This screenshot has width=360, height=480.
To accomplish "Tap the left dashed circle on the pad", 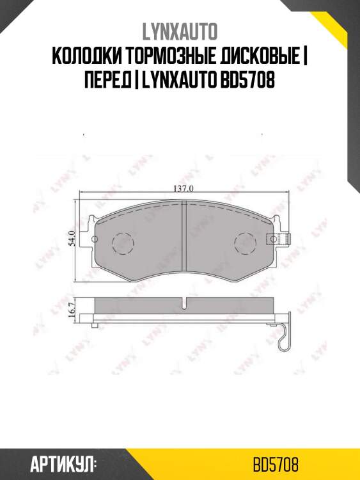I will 122,243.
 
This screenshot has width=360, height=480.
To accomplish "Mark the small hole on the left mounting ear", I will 95,240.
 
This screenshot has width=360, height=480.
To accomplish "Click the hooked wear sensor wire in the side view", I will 284,336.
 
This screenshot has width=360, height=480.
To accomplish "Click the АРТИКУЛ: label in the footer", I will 63,463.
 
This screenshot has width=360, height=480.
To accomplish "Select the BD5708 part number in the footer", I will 276,463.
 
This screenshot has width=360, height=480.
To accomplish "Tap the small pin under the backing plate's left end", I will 95,326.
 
